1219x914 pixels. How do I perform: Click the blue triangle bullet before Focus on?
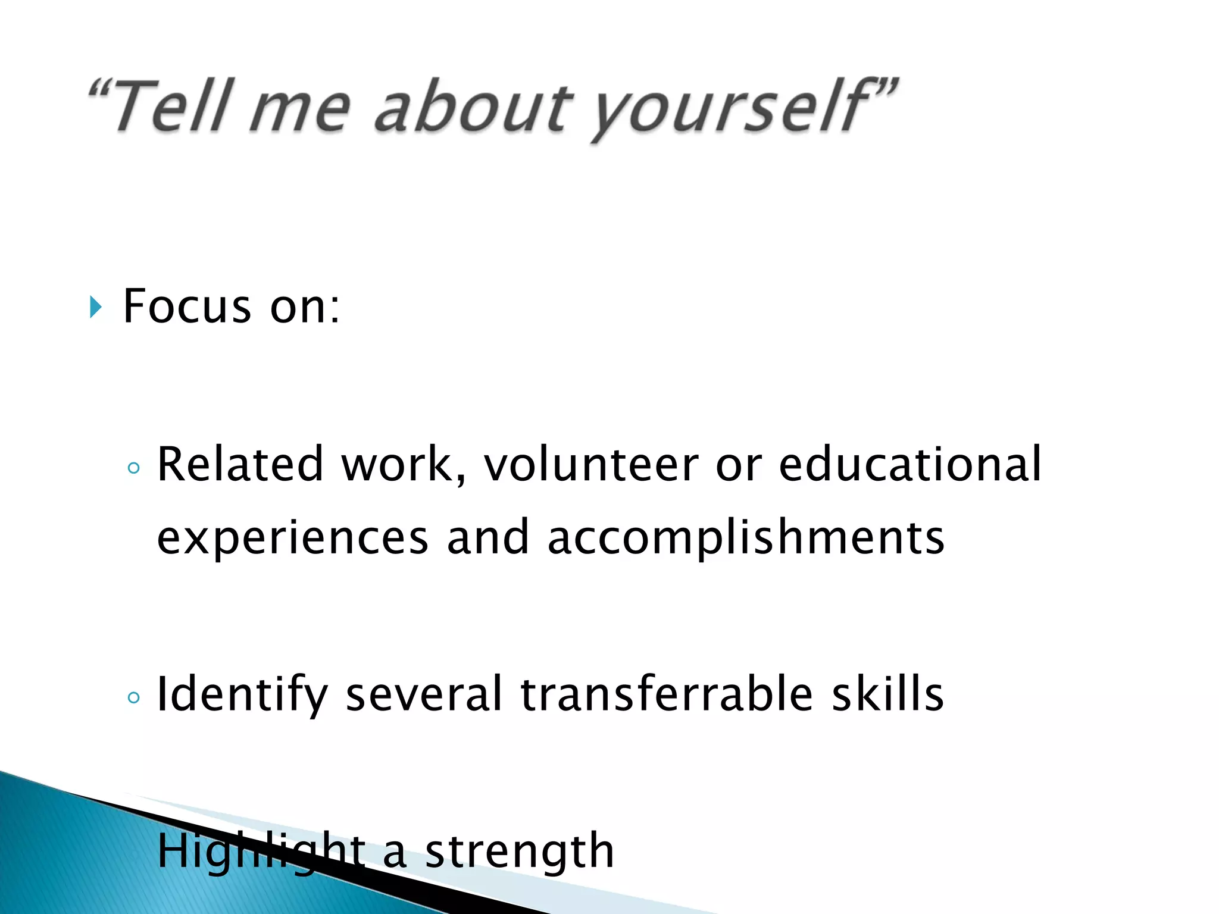95,308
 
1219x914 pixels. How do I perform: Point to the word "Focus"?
187,306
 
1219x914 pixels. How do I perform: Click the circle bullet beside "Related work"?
134,468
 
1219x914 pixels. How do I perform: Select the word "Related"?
240,464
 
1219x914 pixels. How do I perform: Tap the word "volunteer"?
591,464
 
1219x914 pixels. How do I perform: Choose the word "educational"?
910,464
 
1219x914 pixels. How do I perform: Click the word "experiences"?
292,538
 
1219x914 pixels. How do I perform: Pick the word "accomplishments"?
745,538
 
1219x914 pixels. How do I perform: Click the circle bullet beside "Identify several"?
134,697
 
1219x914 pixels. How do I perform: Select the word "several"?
424,694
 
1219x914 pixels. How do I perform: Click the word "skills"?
887,694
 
